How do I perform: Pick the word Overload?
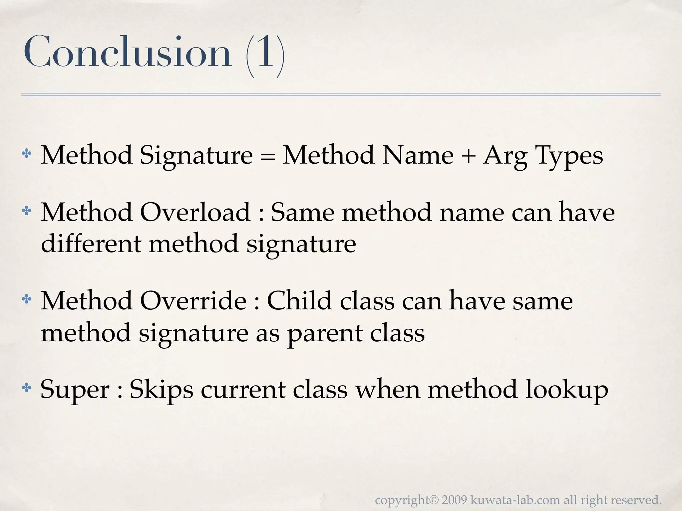coord(195,212)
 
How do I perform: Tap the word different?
coord(91,244)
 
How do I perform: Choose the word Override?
coord(193,301)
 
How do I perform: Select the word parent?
coord(325,334)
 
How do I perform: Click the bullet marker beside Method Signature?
coord(26,154)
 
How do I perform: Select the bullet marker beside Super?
coord(26,387)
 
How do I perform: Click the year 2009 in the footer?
coord(455,500)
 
